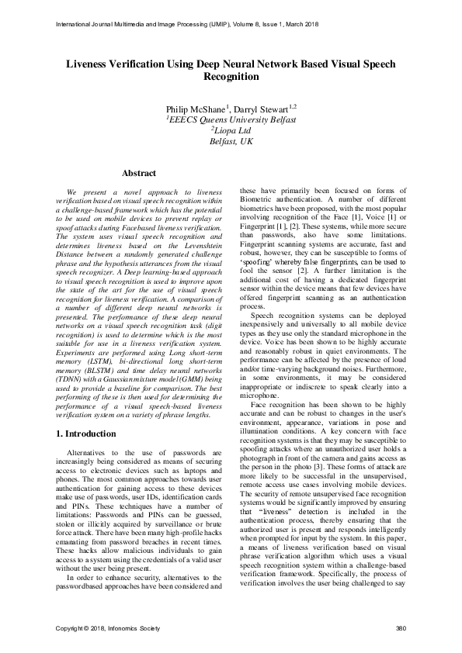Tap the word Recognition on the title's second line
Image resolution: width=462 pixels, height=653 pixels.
(x=231, y=77)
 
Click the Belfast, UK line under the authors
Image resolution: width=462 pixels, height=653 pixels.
(x=231, y=142)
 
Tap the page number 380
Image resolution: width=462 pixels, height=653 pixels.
(x=401, y=627)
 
